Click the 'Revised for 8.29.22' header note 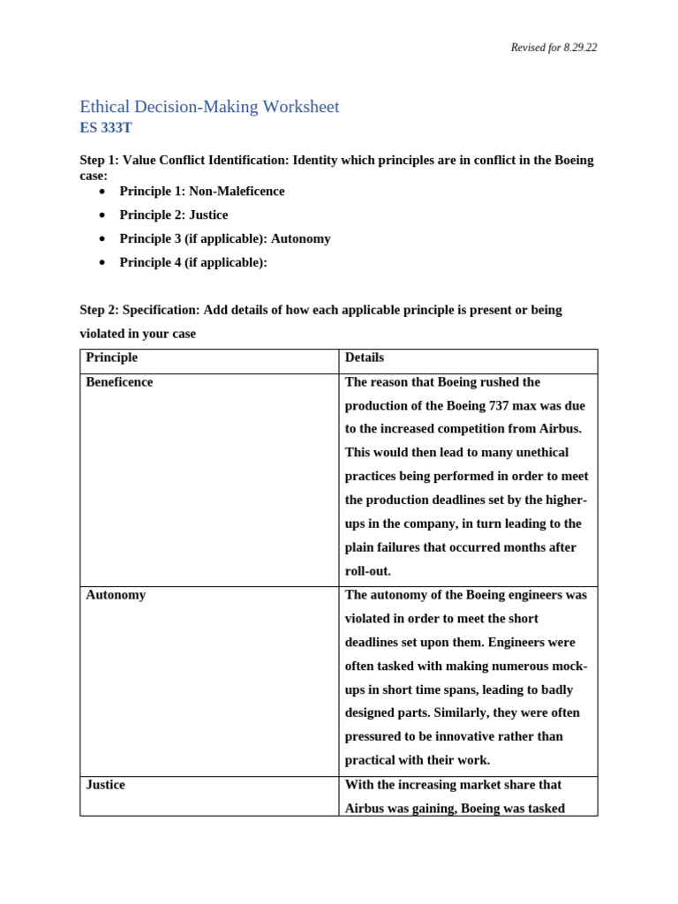pos(554,48)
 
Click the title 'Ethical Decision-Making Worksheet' pos(209,107)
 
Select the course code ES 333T pos(106,127)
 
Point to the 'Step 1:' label pos(99,160)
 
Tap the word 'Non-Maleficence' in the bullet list pos(237,191)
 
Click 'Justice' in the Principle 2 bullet pos(208,215)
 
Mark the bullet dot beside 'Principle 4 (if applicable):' pos(103,263)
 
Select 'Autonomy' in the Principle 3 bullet pos(301,238)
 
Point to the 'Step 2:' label pos(99,310)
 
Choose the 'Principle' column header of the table pos(111,358)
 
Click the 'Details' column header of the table pos(365,358)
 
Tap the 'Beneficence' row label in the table pos(119,382)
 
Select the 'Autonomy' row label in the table pos(116,595)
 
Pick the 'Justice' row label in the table pos(105,785)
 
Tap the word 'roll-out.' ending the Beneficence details pos(367,571)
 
